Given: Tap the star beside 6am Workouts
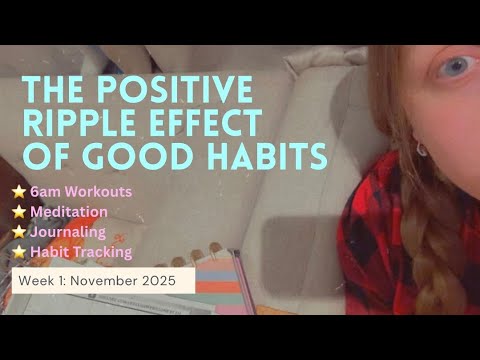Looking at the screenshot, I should pos(18,192).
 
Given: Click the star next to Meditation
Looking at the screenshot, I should pos(18,211).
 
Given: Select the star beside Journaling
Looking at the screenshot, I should pos(18,230).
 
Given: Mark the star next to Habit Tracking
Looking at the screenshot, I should pos(18,250).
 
